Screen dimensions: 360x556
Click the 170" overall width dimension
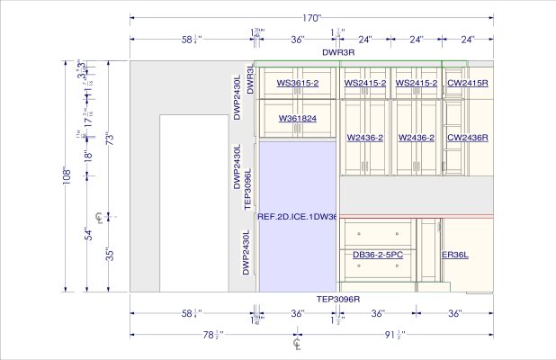click(311, 18)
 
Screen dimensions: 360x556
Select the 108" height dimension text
click(65, 171)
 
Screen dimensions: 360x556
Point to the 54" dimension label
click(88, 234)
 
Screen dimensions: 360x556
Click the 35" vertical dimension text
click(110, 255)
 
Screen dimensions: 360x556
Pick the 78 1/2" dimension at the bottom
click(212, 335)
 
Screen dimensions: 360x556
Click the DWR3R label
click(340, 53)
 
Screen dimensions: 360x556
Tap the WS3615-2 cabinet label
click(298, 84)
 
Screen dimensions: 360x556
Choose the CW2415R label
click(467, 84)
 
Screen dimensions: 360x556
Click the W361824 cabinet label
click(297, 119)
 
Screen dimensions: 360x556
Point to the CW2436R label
click(467, 138)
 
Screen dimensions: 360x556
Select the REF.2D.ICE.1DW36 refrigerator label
click(297, 217)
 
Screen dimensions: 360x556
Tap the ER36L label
click(455, 255)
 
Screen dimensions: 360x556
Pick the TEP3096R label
click(338, 299)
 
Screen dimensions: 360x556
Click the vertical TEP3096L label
click(248, 187)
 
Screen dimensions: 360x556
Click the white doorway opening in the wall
click(193, 202)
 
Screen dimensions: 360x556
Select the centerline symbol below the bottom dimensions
click(297, 344)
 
